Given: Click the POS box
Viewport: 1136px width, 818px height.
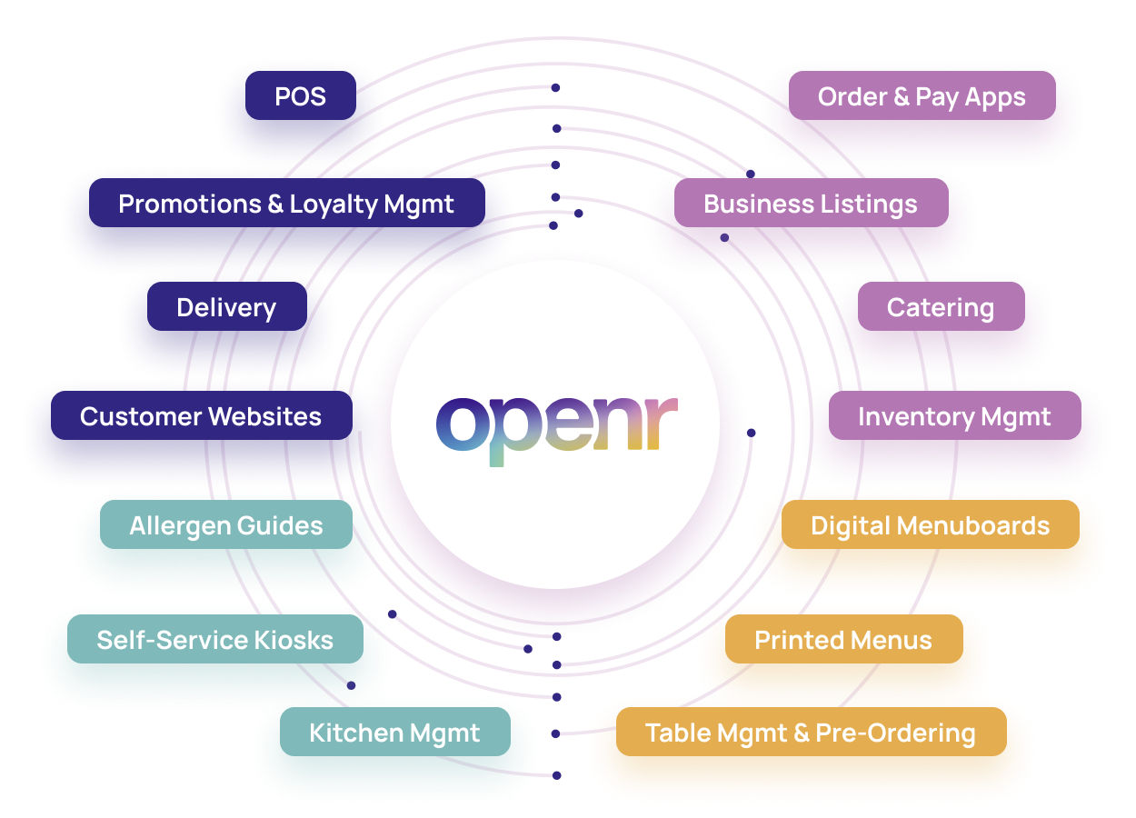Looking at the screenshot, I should click(x=300, y=97).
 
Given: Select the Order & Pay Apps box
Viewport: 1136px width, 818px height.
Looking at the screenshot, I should click(x=921, y=97).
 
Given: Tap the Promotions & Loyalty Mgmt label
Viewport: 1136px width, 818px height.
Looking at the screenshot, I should click(x=285, y=204).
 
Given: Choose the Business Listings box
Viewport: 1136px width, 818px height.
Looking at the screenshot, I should click(x=810, y=204).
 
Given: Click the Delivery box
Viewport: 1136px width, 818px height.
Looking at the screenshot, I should click(x=225, y=308).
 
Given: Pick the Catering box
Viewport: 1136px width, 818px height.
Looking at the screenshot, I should click(x=940, y=308).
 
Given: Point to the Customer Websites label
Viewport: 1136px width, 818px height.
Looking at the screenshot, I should click(x=200, y=417).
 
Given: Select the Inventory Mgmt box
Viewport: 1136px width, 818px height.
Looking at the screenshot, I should click(x=953, y=417).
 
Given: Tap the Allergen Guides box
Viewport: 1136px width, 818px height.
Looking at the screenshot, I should click(x=225, y=526).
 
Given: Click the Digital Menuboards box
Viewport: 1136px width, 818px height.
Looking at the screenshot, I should click(x=930, y=526).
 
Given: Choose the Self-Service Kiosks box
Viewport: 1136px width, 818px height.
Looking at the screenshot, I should click(x=214, y=640).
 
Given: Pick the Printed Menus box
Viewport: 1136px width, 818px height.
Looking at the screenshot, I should click(x=842, y=640).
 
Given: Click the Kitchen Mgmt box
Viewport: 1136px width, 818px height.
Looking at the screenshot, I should click(x=394, y=733).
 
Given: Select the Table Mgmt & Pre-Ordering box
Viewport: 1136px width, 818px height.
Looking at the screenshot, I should click(x=810, y=733).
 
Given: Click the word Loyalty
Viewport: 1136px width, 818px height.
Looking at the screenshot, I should click(x=334, y=204).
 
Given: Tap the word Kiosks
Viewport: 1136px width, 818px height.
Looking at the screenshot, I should click(x=294, y=640).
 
